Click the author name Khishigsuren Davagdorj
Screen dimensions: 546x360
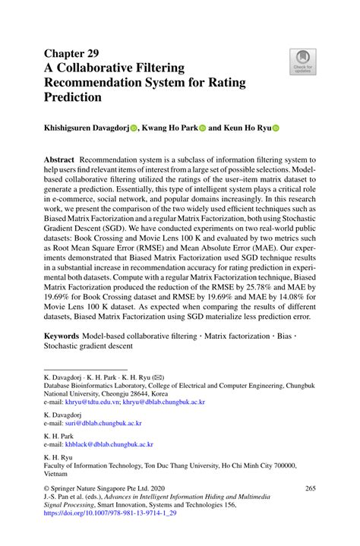[x=86, y=129]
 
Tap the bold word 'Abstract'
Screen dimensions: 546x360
[x=59, y=161]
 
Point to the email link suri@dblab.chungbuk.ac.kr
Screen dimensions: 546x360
[x=104, y=423]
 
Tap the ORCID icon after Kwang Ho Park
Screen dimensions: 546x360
[x=202, y=129]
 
